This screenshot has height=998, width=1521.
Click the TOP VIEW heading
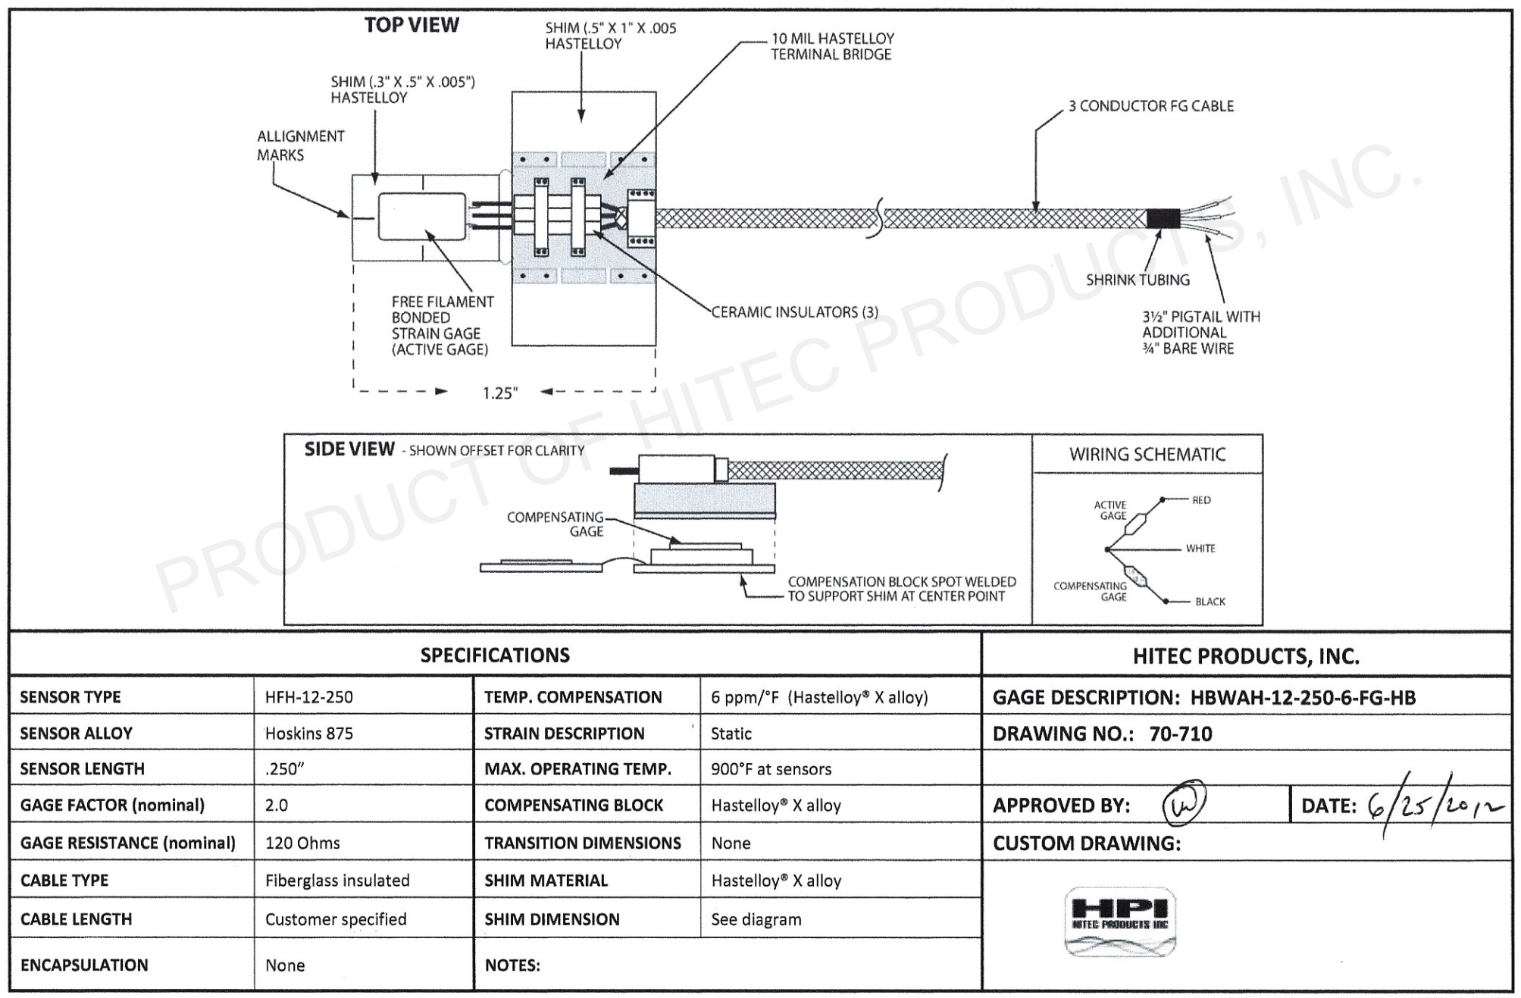click(412, 25)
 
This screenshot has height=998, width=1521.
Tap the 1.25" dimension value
click(500, 393)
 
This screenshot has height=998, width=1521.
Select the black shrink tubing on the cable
click(1163, 218)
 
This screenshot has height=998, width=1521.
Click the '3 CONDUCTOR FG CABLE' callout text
click(1150, 106)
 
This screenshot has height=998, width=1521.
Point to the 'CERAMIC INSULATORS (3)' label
click(795, 312)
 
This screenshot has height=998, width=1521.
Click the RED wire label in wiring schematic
click(1201, 500)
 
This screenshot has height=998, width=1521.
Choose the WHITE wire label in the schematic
click(1200, 549)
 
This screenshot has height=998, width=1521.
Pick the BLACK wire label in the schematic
click(1210, 602)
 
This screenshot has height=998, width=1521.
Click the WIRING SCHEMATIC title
click(1147, 455)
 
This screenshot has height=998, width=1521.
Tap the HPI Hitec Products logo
click(1120, 921)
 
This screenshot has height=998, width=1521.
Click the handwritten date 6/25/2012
click(1435, 806)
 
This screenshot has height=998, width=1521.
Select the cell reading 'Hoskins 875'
click(309, 734)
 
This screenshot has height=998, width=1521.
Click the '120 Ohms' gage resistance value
click(302, 843)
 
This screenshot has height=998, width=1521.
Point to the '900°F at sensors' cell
click(771, 769)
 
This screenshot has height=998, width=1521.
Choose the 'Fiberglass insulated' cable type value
click(337, 881)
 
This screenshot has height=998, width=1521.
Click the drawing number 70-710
click(1180, 734)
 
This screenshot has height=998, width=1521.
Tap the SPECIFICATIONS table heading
click(495, 655)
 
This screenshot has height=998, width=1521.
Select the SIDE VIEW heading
click(349, 449)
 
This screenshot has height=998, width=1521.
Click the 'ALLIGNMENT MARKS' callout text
click(300, 145)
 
